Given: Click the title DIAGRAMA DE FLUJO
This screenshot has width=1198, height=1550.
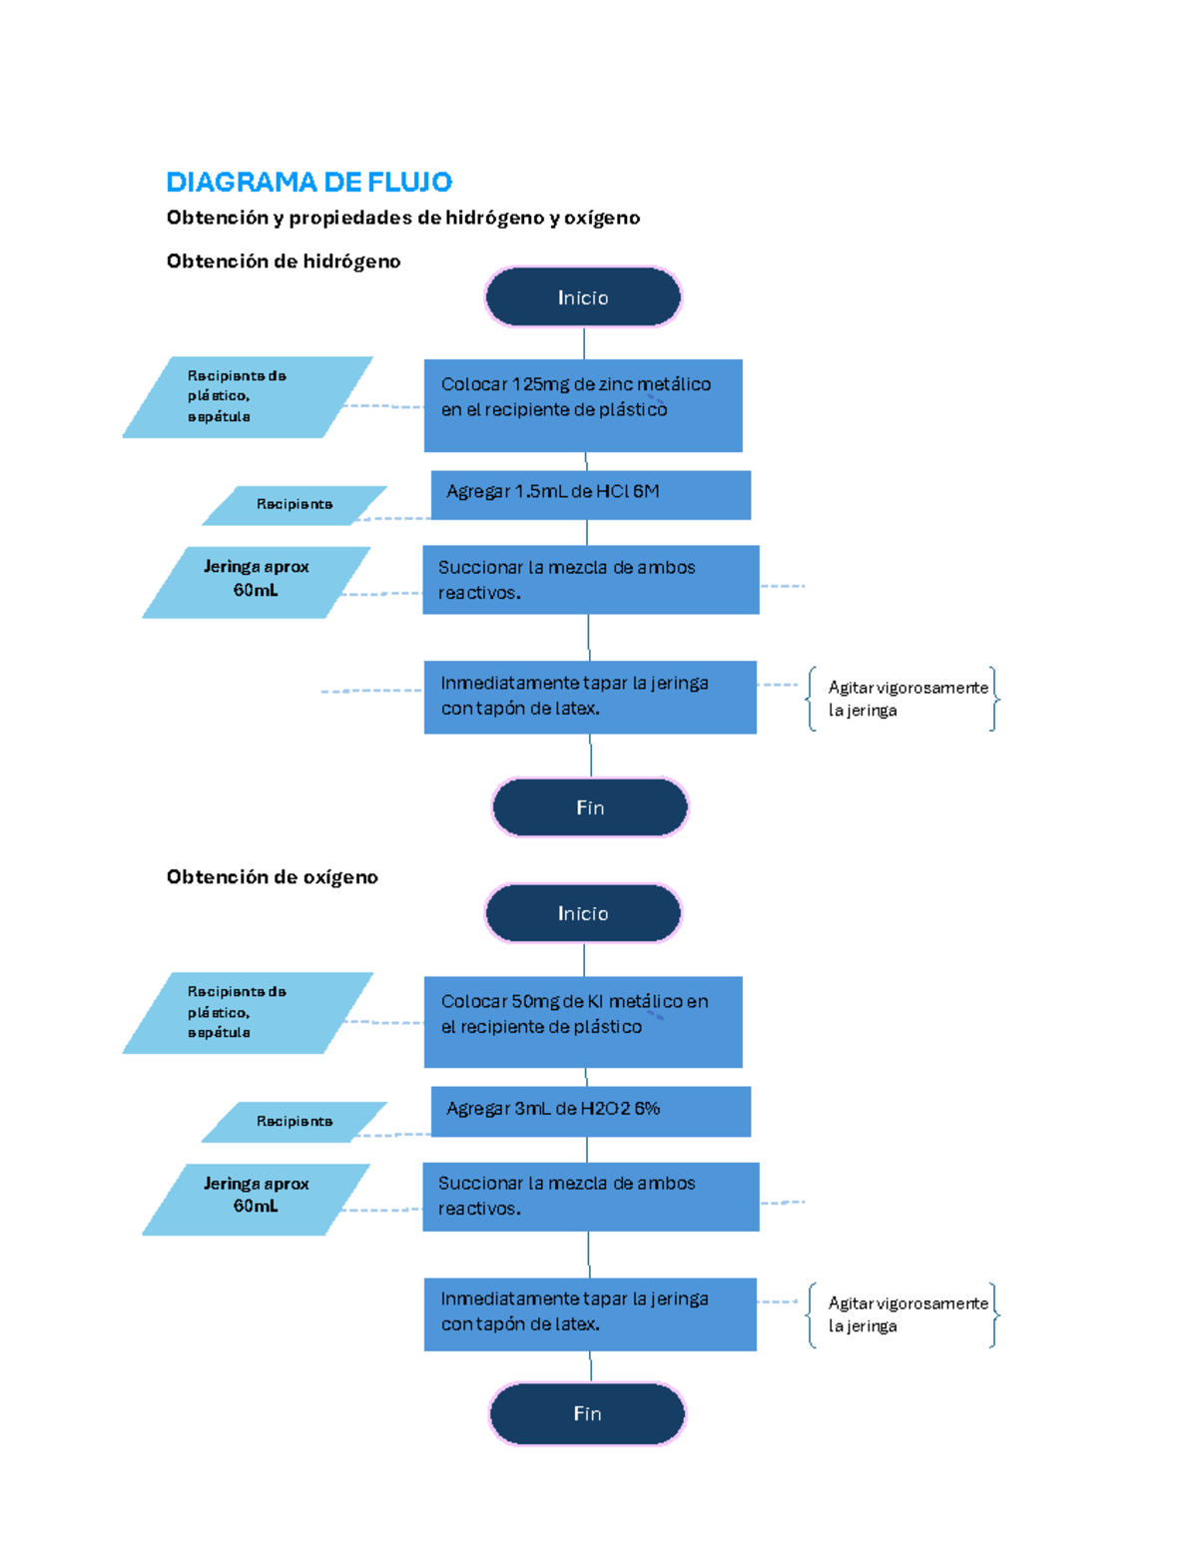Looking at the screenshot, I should coord(308,182).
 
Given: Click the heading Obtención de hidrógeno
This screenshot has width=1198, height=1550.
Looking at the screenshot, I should coord(284,261).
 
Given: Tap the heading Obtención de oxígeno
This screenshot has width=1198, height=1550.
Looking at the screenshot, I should coord(272,877).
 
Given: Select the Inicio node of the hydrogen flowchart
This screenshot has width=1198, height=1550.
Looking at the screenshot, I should coord(583,297).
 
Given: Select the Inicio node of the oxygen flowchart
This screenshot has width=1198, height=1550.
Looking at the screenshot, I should coord(583,913).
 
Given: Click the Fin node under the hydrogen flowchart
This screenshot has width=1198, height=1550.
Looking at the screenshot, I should coord(590,807).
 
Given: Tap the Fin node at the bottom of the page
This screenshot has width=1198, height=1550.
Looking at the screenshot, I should coord(587,1413).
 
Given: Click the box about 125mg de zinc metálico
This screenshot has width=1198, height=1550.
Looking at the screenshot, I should coord(583,405).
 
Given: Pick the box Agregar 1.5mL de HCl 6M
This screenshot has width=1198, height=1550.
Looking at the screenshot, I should coord(590,494).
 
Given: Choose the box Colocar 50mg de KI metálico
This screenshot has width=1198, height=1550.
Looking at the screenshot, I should coord(583,1021).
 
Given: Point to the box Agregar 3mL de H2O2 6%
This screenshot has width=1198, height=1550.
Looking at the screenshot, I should coord(590,1111).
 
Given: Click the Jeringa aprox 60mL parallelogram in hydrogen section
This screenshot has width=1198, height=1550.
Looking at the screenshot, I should coord(257,581).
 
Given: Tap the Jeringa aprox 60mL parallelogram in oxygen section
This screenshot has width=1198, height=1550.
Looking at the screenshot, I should coord(257,1198).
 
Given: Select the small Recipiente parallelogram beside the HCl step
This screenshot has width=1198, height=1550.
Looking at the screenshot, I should coord(295,505).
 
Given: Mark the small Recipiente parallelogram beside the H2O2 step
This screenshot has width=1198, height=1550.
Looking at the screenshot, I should coord(295,1122).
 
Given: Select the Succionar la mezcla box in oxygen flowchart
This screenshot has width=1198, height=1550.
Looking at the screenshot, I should coord(590,1196).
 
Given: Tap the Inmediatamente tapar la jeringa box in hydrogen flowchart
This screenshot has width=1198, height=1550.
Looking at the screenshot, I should coord(589,697).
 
